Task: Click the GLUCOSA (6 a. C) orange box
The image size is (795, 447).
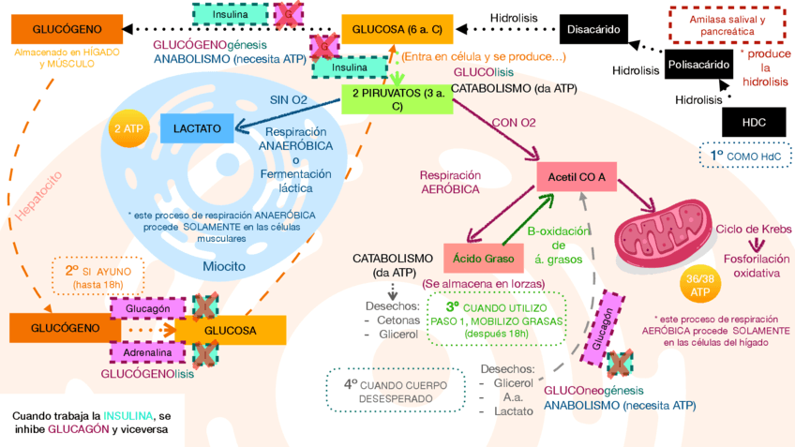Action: point(397,30)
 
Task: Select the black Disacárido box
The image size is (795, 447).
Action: point(592,30)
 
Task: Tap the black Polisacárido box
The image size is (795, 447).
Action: point(698,66)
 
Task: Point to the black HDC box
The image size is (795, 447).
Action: point(753,122)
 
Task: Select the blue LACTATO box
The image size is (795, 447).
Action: point(197,127)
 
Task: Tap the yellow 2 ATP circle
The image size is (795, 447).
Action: point(127,129)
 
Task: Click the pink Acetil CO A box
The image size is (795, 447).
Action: point(576,176)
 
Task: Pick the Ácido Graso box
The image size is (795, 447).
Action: point(477,258)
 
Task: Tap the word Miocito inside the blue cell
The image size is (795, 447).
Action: point(224,266)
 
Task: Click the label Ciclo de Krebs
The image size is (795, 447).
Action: point(752,230)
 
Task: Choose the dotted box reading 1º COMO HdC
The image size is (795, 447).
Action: point(744,155)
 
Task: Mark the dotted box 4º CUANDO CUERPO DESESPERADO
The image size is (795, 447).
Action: point(394,391)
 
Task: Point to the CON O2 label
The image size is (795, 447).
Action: point(514,123)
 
